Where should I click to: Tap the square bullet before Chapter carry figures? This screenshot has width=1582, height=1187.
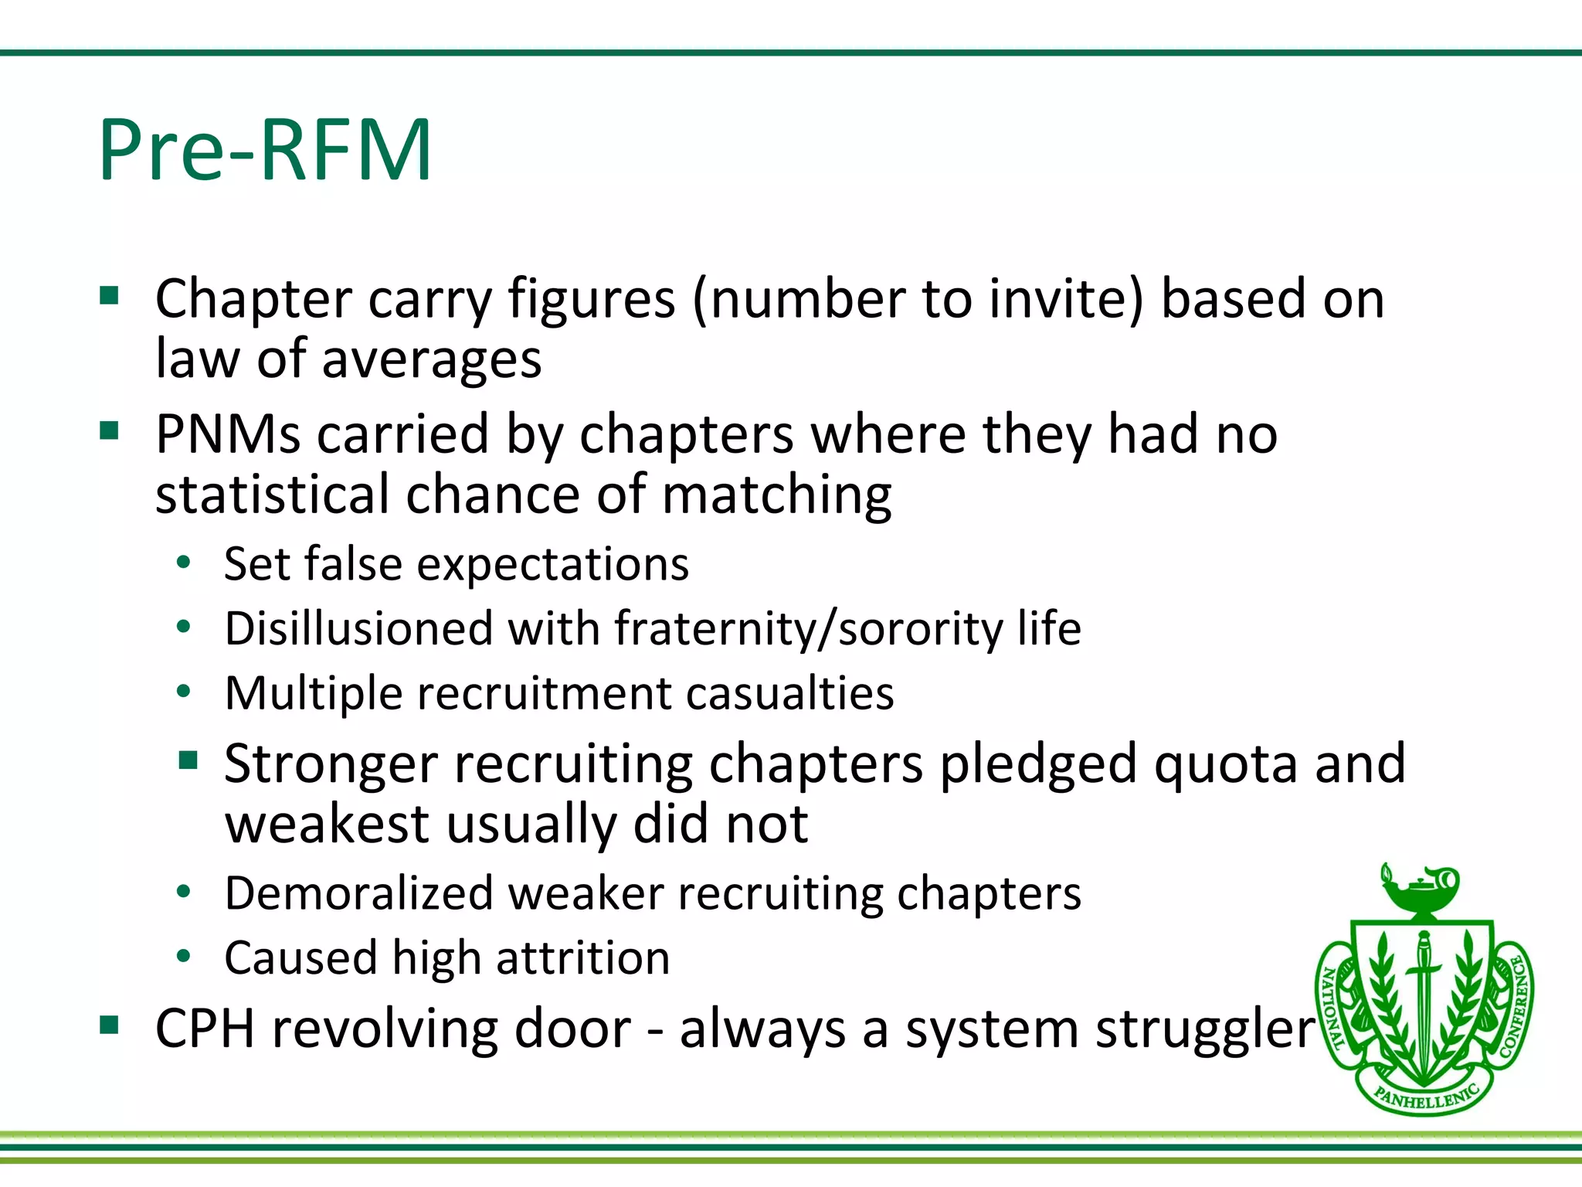[x=109, y=296]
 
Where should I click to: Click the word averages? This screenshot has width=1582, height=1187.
[x=431, y=361]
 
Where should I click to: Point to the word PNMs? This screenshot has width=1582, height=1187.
[x=227, y=434]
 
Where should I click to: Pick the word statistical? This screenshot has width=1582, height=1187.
[x=272, y=495]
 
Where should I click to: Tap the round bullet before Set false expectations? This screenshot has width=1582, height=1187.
[x=183, y=563]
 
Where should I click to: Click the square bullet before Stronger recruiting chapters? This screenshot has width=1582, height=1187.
[x=188, y=761]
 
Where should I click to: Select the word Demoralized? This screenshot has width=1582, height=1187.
[x=358, y=894]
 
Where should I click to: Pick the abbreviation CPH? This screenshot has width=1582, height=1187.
[x=205, y=1029]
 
